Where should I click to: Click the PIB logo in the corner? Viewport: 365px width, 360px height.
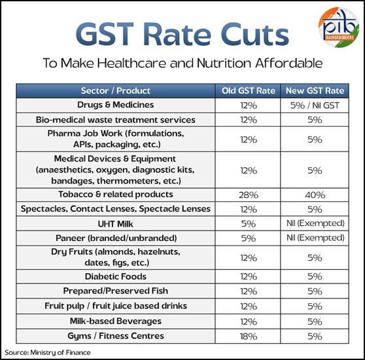click(x=339, y=27)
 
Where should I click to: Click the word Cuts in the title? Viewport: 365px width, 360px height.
click(x=254, y=34)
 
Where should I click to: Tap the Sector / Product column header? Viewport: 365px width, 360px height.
click(x=116, y=91)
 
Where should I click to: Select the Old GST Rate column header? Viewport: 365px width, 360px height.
click(x=248, y=91)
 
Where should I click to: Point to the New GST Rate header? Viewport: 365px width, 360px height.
click(x=315, y=91)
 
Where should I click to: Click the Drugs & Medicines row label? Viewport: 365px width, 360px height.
click(x=116, y=105)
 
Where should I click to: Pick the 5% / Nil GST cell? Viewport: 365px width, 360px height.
click(x=315, y=106)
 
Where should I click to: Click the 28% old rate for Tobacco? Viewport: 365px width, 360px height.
click(x=249, y=195)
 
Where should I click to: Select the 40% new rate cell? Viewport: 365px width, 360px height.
click(x=315, y=195)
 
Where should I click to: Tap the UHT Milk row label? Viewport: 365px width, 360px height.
click(x=116, y=224)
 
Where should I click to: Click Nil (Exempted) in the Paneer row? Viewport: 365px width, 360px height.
click(x=315, y=238)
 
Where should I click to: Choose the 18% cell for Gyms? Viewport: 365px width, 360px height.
click(x=249, y=336)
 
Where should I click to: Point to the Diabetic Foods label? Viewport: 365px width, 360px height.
click(x=116, y=276)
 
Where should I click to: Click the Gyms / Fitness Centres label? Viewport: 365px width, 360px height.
click(x=116, y=336)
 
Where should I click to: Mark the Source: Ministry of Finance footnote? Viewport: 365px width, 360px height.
click(x=48, y=353)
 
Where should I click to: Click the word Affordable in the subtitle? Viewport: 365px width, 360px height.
click(x=289, y=63)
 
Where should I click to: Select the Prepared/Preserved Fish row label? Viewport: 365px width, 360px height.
click(x=116, y=291)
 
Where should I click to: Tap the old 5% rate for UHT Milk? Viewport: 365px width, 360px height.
click(x=249, y=224)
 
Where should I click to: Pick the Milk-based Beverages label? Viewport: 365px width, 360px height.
click(x=116, y=321)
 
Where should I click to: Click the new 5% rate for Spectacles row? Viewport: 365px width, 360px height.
click(x=315, y=210)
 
